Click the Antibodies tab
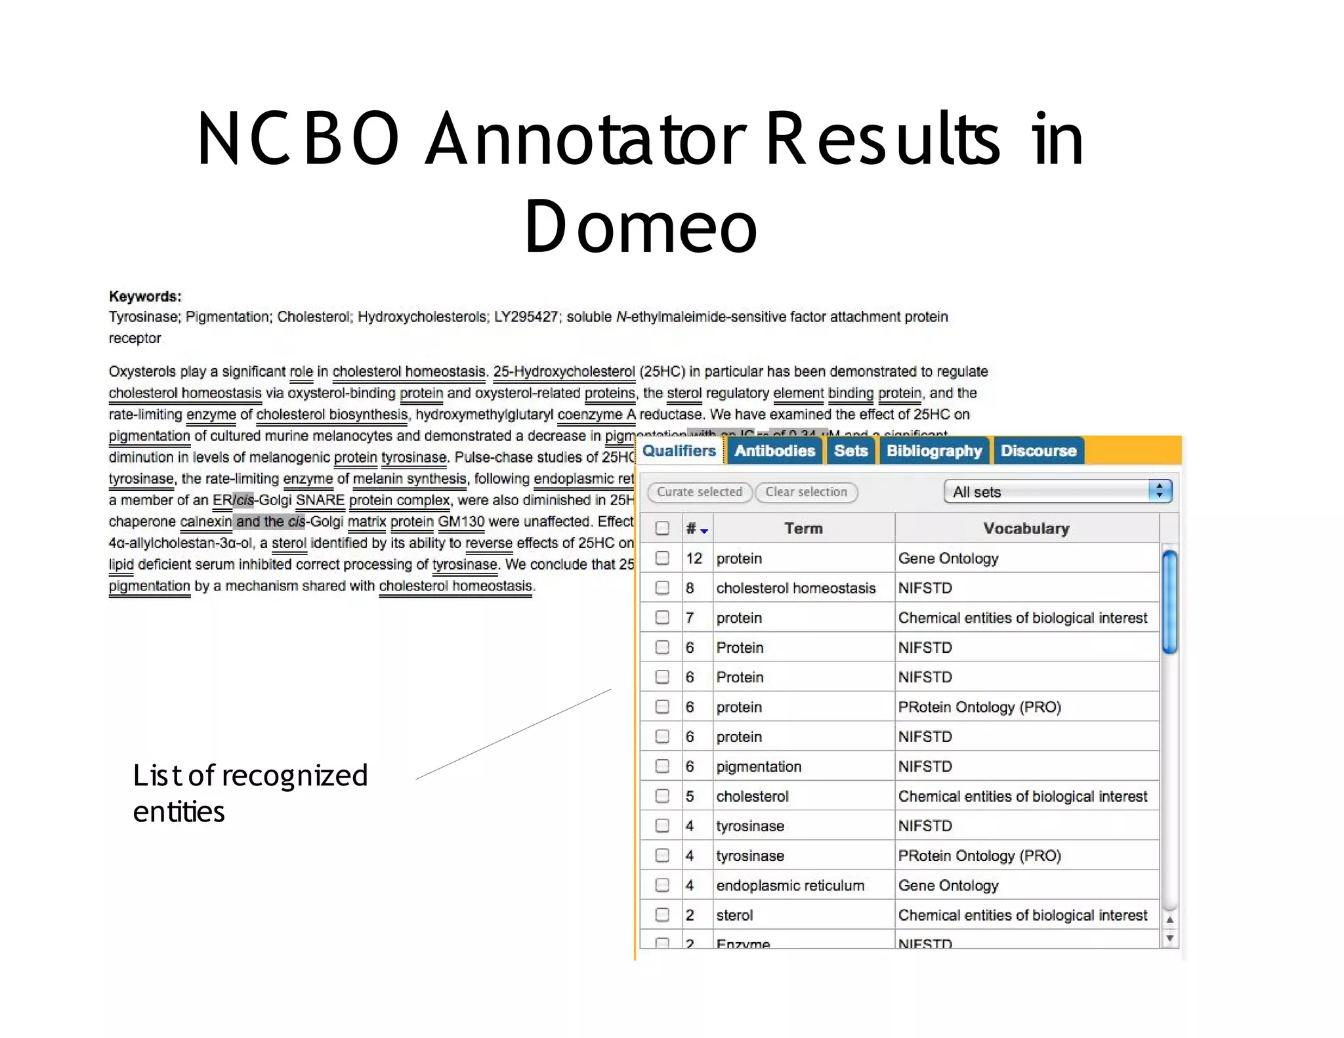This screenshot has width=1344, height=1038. click(x=774, y=451)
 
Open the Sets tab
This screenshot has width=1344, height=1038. click(x=850, y=451)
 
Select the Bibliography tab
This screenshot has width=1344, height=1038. click(x=934, y=451)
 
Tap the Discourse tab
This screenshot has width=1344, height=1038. click(x=1038, y=451)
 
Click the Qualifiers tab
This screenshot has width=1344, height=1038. click(x=679, y=451)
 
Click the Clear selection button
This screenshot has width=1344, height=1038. click(x=806, y=492)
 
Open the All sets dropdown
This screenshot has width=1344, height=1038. click(x=1057, y=491)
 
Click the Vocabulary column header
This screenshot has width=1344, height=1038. click(x=1026, y=528)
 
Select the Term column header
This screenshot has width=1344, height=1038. click(x=803, y=528)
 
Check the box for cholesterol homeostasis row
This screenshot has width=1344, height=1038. click(x=662, y=588)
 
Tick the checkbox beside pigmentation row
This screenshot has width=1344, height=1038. click(x=662, y=766)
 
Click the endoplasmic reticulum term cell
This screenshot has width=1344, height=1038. click(x=790, y=885)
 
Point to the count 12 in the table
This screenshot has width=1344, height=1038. click(x=694, y=558)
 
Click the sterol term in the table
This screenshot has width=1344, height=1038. click(x=734, y=915)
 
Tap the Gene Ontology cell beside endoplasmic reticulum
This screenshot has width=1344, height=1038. click(x=948, y=885)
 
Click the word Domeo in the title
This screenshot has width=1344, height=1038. click(x=640, y=226)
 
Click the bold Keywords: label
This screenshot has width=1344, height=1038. click(x=145, y=297)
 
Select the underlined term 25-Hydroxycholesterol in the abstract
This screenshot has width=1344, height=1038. click(x=564, y=371)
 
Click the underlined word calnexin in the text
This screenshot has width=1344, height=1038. click(x=205, y=522)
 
